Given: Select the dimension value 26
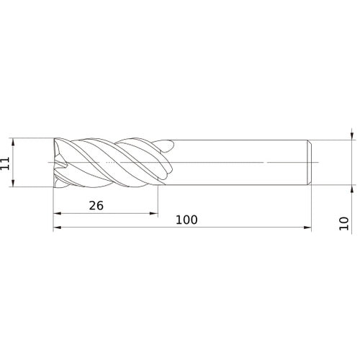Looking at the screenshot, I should point(96,205).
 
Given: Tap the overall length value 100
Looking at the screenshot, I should point(186,220).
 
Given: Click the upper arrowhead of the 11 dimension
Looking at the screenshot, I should point(14,140).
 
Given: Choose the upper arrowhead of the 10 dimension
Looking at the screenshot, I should point(351,135).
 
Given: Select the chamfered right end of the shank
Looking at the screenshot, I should point(310,162).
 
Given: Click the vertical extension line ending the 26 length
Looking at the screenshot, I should point(158,202).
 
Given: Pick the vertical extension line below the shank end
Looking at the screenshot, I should point(312,209).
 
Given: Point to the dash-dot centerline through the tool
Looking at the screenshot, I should point(216,162).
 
